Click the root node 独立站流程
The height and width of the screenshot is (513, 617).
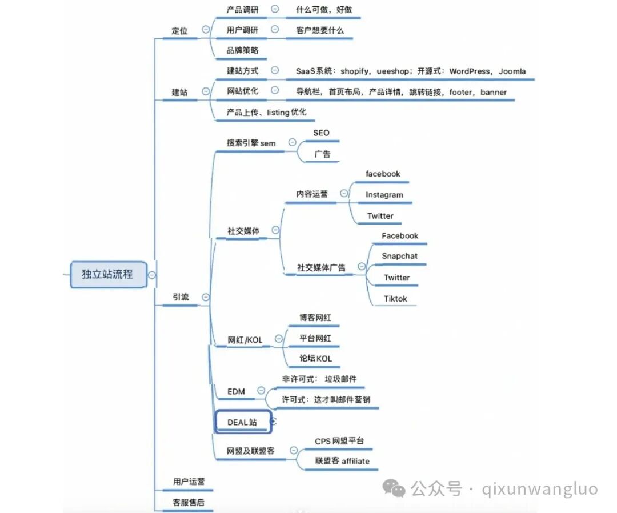[107, 274]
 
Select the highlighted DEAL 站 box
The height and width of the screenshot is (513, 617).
[242, 422]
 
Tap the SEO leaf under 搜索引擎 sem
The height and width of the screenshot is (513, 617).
[321, 133]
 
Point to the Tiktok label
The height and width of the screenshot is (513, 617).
[395, 298]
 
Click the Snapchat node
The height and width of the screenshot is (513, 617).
[399, 256]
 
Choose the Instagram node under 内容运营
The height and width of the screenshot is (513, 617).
[384, 195]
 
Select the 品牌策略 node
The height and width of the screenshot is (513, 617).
[242, 50]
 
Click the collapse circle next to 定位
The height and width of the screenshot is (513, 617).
[206, 30]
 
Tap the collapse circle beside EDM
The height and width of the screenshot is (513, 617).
[261, 391]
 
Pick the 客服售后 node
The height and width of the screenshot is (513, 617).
[188, 502]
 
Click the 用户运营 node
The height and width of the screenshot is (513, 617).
[188, 482]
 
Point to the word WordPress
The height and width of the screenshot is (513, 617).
[470, 71]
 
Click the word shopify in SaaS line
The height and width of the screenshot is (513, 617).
[356, 71]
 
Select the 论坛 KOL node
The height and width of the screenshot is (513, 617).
[316, 359]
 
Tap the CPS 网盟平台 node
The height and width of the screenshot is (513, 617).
[339, 441]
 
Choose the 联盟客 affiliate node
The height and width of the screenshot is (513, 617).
[342, 461]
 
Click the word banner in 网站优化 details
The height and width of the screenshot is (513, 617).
[493, 92]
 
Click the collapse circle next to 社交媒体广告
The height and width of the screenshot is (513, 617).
[360, 266]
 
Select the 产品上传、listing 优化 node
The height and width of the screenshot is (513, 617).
[266, 113]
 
